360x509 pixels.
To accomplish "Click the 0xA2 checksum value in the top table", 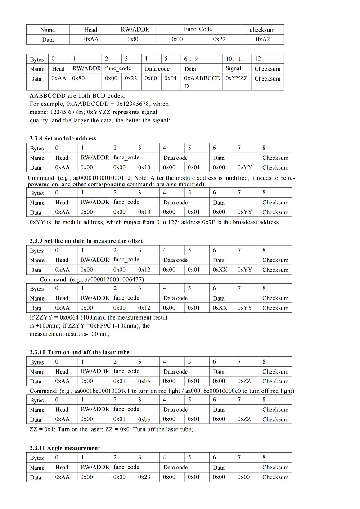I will point(263,40).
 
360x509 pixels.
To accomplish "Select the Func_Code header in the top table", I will point(198,30).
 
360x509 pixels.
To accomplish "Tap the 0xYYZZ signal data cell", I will point(237,78).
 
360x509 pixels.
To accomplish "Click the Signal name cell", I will point(233,68).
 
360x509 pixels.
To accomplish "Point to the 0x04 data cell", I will point(171,78).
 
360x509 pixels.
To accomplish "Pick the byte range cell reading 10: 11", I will point(235,59).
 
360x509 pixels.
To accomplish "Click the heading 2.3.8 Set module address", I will point(63,138).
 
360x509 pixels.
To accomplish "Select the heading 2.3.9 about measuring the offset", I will point(86,241).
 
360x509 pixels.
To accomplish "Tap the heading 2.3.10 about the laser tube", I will point(79,352).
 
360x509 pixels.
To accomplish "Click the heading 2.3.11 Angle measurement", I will point(65,448).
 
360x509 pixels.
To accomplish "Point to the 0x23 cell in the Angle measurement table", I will point(144,477).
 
